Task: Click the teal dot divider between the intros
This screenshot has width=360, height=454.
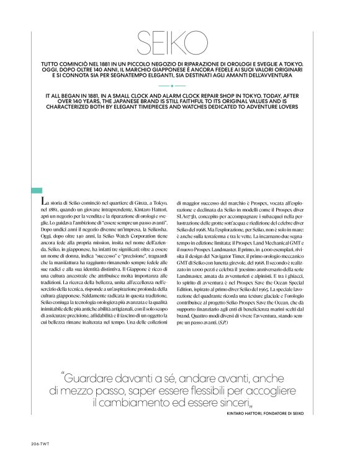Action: click(x=180, y=87)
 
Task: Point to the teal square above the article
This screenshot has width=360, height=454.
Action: click(x=38, y=191)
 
